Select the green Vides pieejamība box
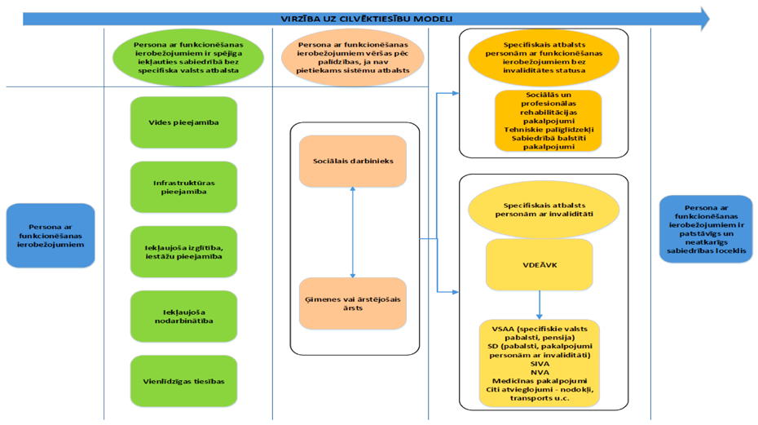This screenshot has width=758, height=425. point(183,122)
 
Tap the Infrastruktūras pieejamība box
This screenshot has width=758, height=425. point(183,187)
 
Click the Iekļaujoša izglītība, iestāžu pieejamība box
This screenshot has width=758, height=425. point(183,251)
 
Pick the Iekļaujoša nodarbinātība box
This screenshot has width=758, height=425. point(183,316)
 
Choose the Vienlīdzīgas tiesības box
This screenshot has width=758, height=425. point(183,381)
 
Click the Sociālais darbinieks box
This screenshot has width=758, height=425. point(352,161)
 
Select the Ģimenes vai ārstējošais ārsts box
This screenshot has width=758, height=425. point(352,303)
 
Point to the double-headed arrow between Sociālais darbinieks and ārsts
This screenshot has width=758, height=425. point(352,232)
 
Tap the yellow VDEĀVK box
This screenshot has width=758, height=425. point(539,264)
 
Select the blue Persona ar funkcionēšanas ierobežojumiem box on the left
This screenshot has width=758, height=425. point(51,235)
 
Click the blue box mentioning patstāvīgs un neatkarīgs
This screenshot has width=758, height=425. point(707,228)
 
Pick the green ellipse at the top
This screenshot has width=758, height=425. point(187,58)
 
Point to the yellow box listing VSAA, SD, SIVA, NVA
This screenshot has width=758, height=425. point(539,363)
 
